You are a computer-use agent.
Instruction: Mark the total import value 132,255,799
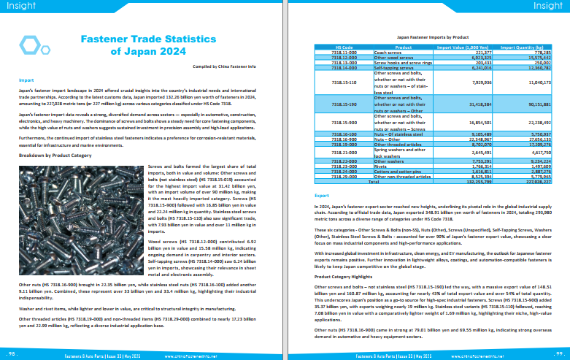tap(473, 182)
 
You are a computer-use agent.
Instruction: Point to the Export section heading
tap(321, 196)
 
